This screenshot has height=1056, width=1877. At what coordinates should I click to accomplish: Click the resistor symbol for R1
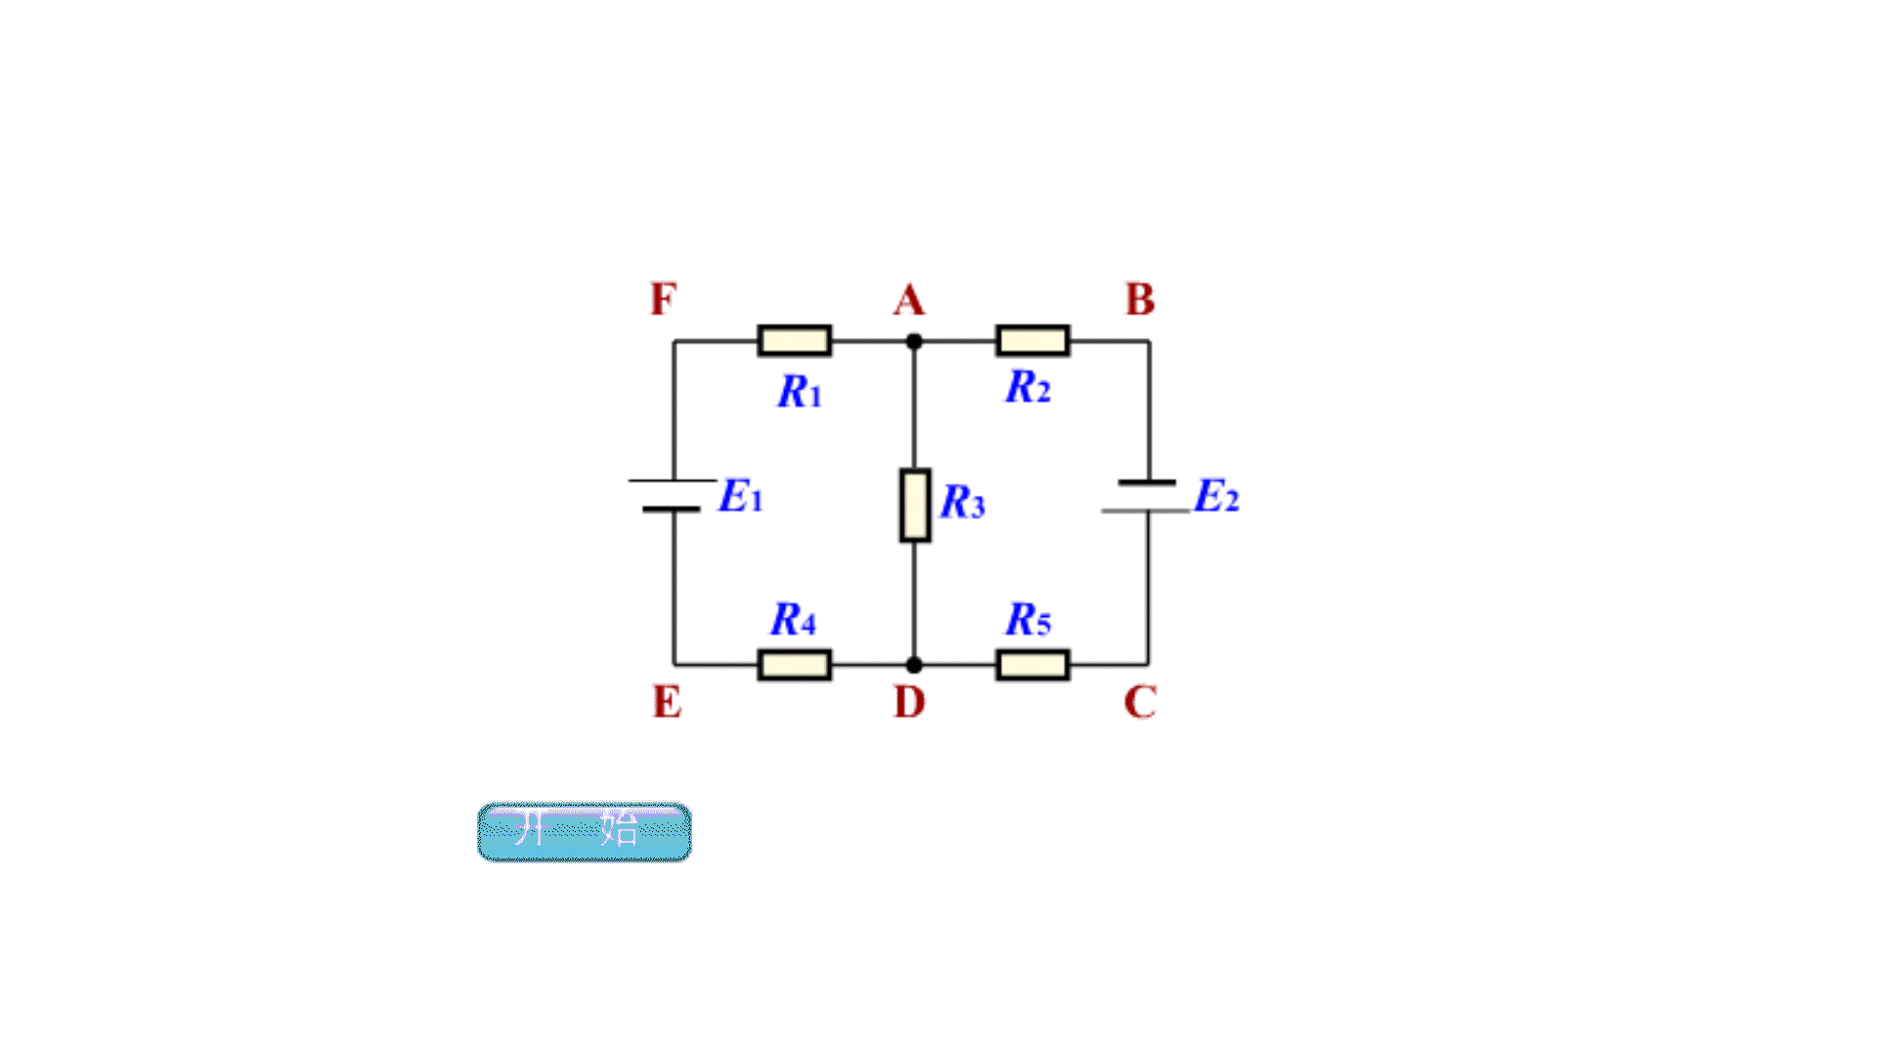[x=795, y=340]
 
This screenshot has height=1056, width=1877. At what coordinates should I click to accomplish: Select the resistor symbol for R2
[x=1032, y=340]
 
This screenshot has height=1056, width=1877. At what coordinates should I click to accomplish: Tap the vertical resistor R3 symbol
[x=915, y=505]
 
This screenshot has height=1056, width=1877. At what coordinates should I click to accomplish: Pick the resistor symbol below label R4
[x=795, y=665]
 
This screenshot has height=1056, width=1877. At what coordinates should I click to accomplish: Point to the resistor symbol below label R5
[x=1032, y=665]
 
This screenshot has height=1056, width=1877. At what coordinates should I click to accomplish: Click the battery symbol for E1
[x=673, y=496]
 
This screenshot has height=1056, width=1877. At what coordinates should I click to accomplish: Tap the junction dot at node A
[x=914, y=341]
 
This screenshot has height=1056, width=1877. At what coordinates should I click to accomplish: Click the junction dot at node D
[x=914, y=665]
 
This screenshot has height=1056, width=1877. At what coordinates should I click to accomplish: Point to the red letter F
[x=663, y=299]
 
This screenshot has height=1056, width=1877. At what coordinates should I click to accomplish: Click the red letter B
[x=1140, y=300]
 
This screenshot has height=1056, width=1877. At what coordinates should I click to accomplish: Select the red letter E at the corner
[x=667, y=702]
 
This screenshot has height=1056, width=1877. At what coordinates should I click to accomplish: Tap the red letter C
[x=1140, y=702]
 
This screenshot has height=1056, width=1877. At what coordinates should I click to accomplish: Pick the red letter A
[x=909, y=300]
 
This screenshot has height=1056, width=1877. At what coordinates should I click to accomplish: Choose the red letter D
[x=909, y=702]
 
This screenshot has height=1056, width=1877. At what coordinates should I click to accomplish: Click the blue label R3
[x=963, y=503]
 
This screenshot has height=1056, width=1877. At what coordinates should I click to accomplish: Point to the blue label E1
[x=740, y=497]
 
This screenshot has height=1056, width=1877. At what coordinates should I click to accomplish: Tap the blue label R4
[x=793, y=620]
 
